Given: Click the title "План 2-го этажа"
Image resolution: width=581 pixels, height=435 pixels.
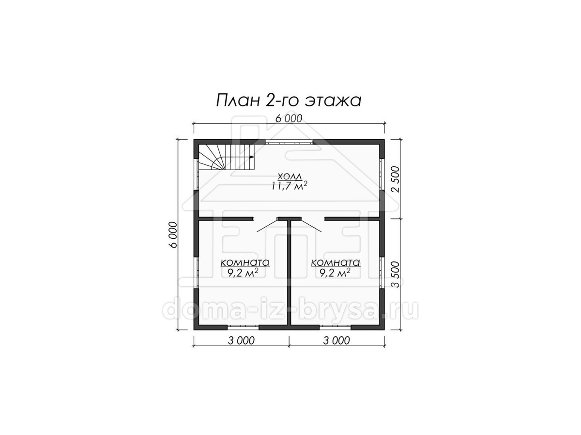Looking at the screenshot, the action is [x=289, y=101].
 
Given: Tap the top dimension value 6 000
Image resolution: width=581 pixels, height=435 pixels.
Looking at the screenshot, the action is [x=289, y=119].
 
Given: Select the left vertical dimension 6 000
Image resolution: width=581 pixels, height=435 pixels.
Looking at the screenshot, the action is [x=173, y=235].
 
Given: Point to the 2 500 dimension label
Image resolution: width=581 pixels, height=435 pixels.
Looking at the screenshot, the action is [x=396, y=179].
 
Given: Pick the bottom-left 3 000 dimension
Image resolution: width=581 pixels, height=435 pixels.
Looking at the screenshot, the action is [x=241, y=341].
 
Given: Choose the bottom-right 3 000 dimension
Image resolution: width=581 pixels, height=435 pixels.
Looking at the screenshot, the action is [x=336, y=341].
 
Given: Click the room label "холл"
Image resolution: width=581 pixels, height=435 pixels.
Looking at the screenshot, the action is [x=290, y=176].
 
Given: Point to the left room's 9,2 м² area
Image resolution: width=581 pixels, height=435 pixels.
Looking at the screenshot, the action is [x=243, y=273].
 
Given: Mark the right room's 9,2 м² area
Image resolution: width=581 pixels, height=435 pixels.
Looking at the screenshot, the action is [x=335, y=273].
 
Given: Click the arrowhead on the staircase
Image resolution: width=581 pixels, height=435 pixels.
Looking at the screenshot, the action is [x=252, y=157].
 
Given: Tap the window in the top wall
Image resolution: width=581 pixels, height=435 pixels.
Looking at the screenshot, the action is [x=290, y=142].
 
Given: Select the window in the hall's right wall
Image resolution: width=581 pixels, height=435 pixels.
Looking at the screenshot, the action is [x=382, y=174].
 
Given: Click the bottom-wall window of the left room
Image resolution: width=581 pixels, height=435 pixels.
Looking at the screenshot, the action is [x=243, y=328].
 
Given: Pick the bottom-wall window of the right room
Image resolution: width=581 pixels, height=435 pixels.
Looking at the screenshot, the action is [x=335, y=328].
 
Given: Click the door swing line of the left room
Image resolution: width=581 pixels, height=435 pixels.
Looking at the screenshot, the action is [x=267, y=226].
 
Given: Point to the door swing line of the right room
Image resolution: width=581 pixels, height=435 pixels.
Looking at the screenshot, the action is [x=311, y=226].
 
